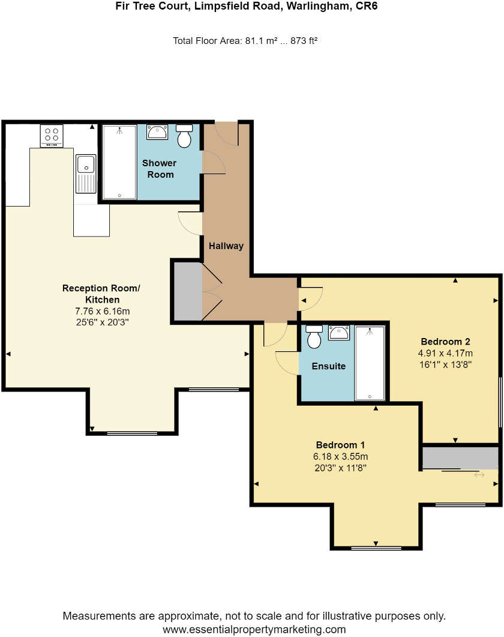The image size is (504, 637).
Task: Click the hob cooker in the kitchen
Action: (52, 136)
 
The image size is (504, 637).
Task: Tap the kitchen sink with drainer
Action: (86, 174)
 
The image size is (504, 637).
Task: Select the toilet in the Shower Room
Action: (184, 137)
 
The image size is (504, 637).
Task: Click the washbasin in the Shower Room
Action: (157, 132)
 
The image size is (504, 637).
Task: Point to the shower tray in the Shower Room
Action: (119, 162)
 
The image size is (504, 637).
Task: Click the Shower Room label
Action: (160, 169)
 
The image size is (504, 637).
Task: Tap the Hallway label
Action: (226, 246)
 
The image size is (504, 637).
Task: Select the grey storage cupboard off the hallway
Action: (187, 292)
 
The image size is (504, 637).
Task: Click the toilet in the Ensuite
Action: (314, 337)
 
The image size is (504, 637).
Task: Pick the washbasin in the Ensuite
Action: (339, 333)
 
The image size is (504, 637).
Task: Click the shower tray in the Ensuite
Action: (370, 363)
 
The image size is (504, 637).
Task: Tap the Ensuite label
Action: (329, 366)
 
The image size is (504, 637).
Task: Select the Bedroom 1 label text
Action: (340, 445)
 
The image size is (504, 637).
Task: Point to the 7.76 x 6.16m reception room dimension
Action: (101, 311)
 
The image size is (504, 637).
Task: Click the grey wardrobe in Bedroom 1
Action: (460, 457)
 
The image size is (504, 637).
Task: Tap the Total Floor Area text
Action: (245, 41)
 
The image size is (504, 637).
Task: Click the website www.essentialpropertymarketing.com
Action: (254, 629)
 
